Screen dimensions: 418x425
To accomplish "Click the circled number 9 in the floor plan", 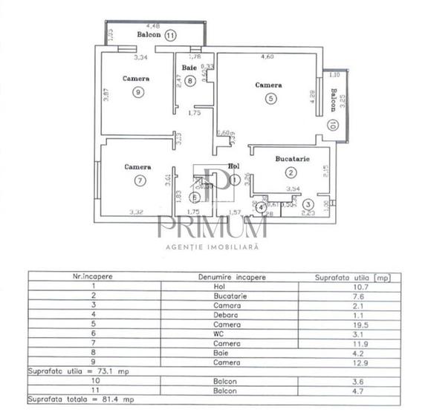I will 137,92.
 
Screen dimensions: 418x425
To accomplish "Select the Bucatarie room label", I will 292,159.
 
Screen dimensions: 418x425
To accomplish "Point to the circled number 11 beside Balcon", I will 172,35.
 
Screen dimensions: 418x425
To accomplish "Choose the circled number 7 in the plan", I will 138,180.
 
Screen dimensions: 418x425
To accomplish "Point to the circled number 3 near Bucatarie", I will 307,204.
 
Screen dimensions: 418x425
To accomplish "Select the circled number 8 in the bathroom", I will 191,81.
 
